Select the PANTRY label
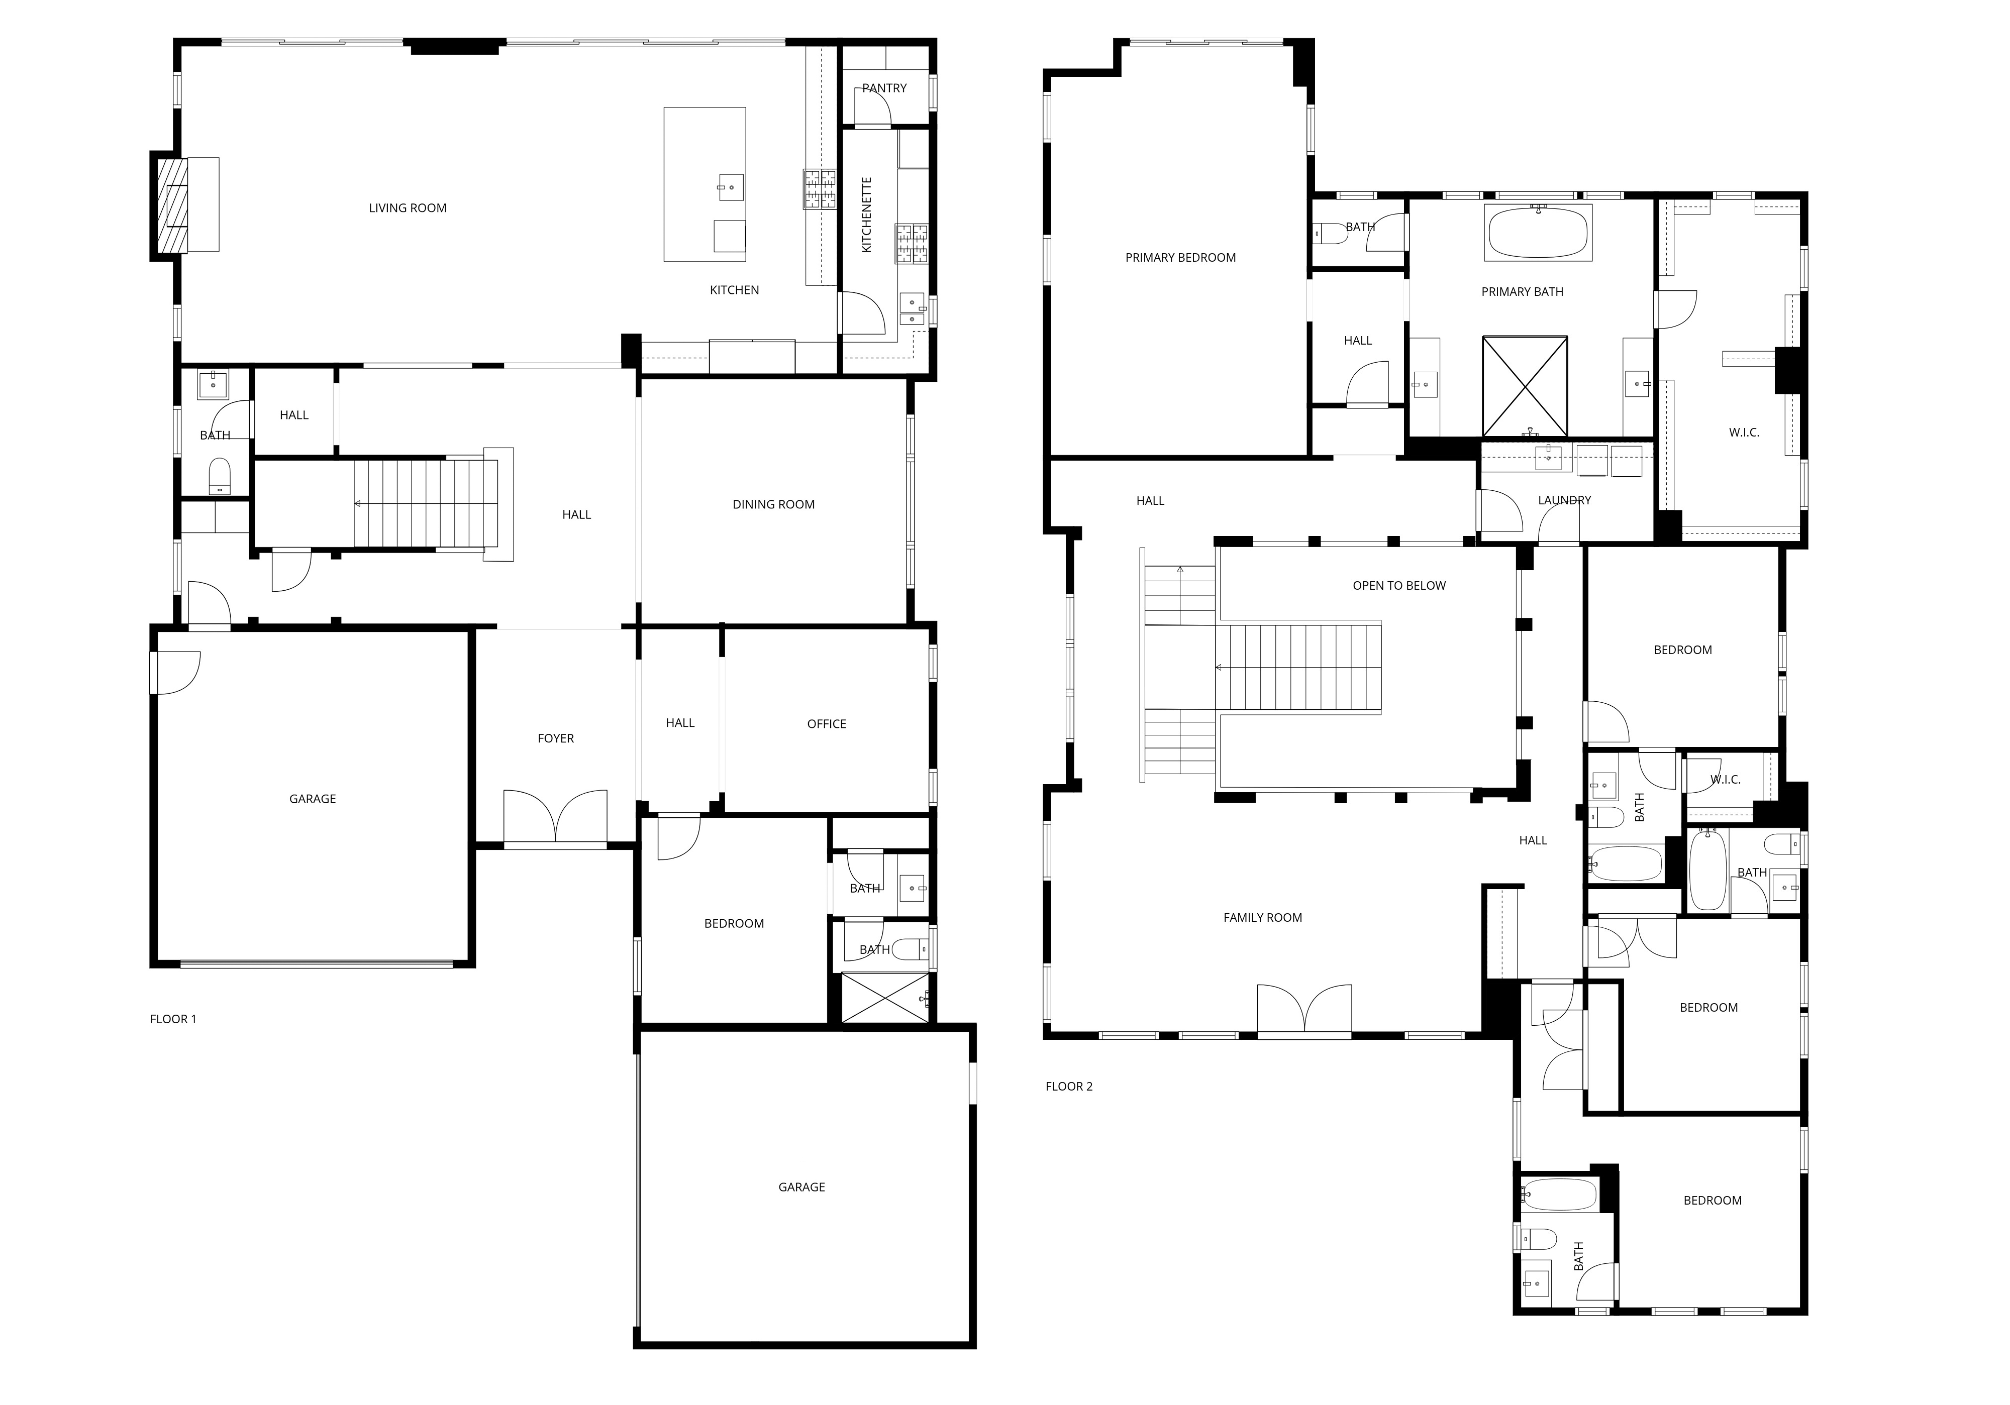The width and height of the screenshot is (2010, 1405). click(x=884, y=88)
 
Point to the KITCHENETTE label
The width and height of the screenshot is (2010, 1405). click(x=867, y=215)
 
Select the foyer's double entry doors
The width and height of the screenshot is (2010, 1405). click(x=555, y=818)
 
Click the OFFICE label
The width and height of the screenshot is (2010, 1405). click(x=827, y=724)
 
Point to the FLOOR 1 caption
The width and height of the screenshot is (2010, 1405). click(x=173, y=1019)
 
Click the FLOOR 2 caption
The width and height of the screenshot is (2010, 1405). click(x=1069, y=1087)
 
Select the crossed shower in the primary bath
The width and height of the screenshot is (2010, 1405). click(x=1524, y=386)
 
